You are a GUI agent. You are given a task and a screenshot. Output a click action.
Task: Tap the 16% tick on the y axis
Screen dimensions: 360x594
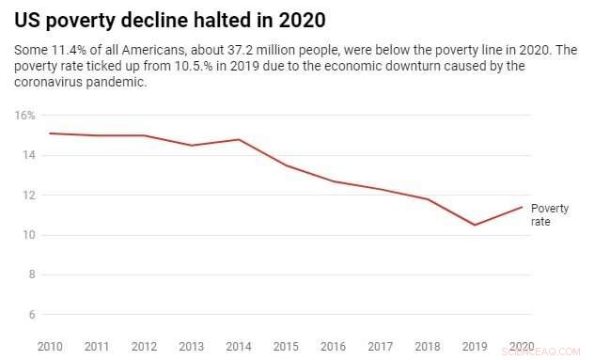point(25,116)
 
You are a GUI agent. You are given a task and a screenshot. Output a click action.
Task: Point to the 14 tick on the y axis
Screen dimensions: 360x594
point(28,155)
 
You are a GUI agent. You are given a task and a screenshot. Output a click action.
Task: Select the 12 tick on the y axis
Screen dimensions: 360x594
point(28,196)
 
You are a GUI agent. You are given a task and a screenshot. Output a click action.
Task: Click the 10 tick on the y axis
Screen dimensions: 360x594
point(28,235)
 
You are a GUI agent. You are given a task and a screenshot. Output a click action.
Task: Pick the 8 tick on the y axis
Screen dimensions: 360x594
point(31,275)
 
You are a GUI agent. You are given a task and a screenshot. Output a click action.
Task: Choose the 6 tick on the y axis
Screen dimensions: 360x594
point(31,315)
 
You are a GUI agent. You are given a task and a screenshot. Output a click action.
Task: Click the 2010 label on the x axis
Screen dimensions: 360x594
point(50,346)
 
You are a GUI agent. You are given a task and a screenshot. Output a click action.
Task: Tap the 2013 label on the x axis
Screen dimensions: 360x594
point(192,346)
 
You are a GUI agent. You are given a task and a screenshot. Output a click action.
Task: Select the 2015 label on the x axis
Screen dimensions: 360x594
point(287,346)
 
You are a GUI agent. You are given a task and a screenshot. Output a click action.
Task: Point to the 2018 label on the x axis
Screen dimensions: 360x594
point(428,346)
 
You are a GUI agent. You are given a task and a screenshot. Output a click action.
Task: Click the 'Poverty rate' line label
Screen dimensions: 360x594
point(549,214)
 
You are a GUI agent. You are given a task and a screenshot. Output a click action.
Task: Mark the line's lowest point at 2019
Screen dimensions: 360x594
point(475,225)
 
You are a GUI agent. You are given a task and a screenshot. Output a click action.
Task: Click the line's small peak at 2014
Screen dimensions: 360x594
point(239,139)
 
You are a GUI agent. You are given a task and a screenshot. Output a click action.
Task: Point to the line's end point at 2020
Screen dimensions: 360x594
point(523,207)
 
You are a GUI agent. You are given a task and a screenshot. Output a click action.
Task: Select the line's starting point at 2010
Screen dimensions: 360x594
point(50,133)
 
